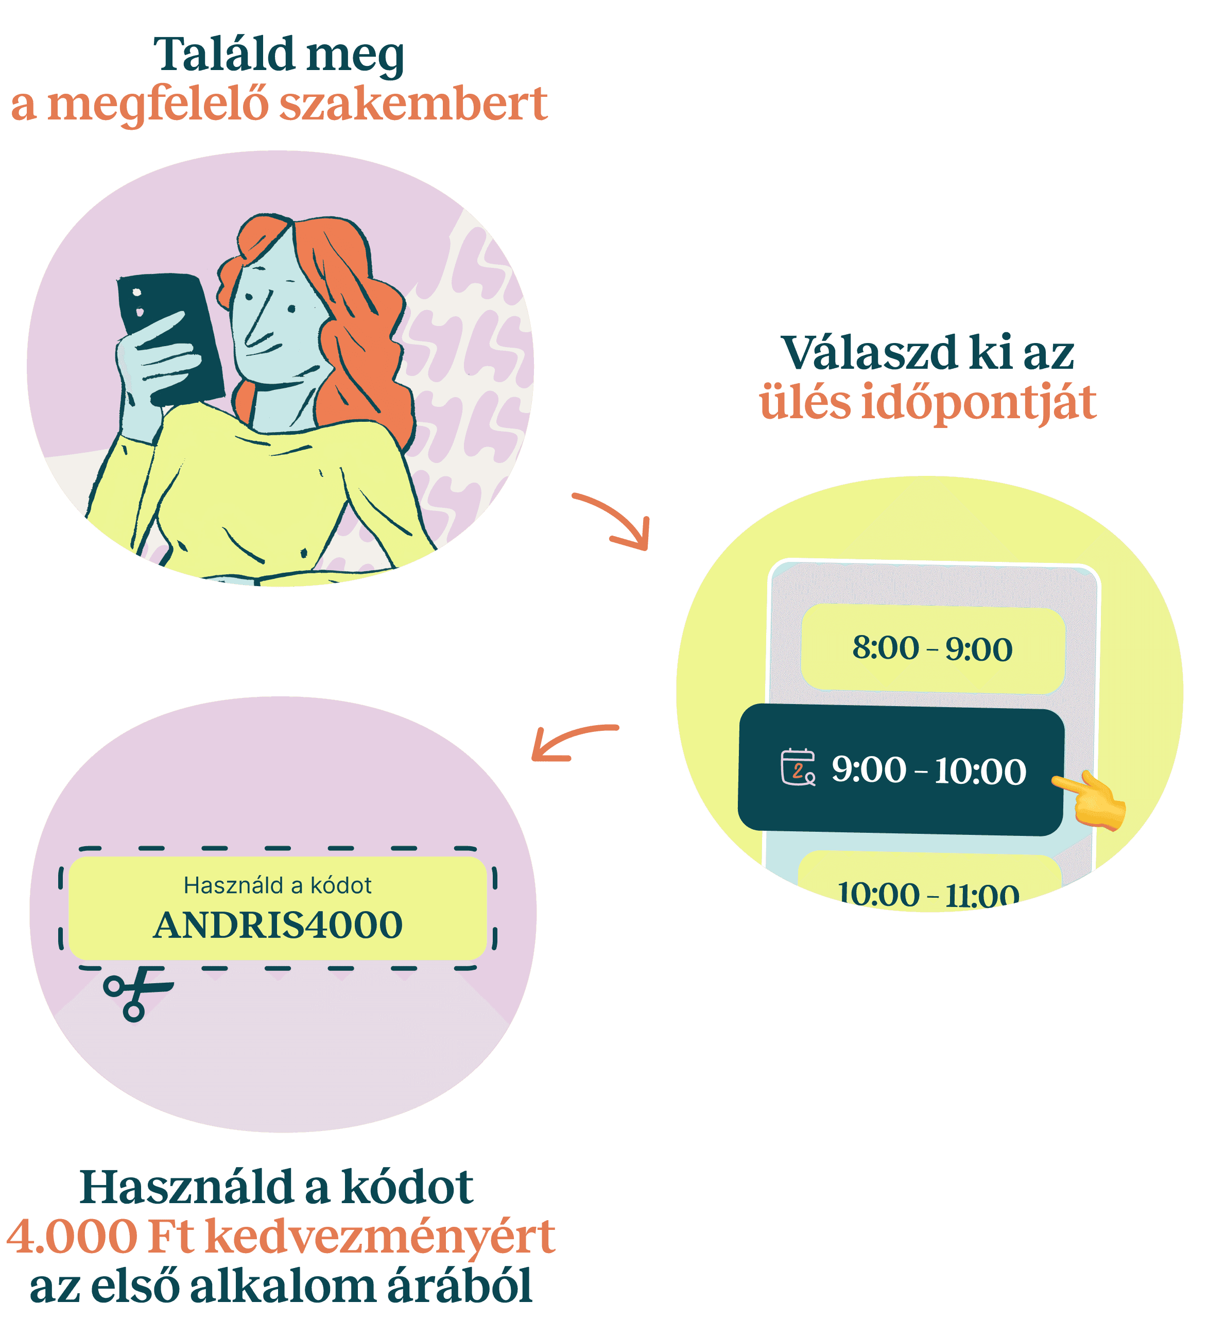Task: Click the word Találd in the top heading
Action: tap(224, 55)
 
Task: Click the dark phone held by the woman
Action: tap(171, 338)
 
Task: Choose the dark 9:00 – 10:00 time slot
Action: tap(901, 769)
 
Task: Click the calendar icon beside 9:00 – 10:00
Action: tap(798, 767)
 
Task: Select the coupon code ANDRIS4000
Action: tap(278, 925)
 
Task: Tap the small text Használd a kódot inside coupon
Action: tap(278, 885)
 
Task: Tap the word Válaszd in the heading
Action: tap(869, 353)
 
